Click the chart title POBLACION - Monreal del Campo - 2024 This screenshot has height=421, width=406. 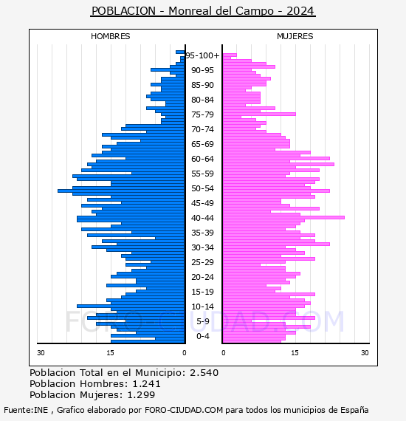tap(203, 11)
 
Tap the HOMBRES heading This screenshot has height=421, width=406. tap(110, 36)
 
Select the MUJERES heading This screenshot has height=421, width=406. tap(295, 36)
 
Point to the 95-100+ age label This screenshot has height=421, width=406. tap(202, 55)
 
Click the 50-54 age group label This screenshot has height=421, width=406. tap(202, 188)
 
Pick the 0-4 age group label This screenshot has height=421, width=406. tap(202, 336)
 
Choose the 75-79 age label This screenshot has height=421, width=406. tap(202, 114)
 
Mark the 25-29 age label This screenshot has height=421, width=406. tap(202, 262)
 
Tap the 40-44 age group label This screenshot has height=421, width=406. tap(202, 218)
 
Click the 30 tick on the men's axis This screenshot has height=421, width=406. tap(41, 353)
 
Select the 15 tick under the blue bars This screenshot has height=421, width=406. tap(110, 353)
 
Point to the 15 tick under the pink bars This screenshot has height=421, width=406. tap(295, 353)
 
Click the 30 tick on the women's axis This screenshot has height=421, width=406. tap(365, 353)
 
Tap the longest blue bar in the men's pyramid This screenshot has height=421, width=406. tap(121, 191)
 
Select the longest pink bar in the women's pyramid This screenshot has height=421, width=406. tap(283, 217)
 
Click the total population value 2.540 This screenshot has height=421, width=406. tap(204, 373)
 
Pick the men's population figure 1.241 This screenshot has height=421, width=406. tap(146, 383)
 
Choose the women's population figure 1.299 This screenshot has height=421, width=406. tap(141, 395)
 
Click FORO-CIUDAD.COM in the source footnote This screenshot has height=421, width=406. tap(184, 410)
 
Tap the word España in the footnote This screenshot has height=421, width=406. tap(354, 411)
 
